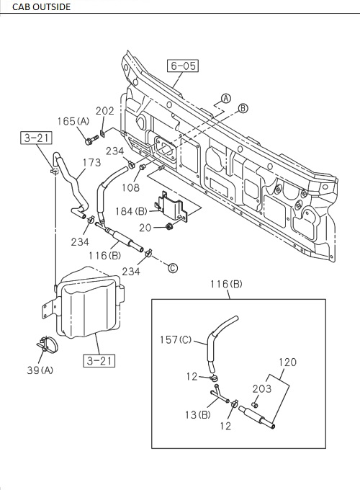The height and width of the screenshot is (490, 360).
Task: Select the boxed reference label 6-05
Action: click(183, 66)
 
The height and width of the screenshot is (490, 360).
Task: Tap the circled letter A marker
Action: click(225, 98)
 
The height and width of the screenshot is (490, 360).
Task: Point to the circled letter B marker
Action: click(243, 108)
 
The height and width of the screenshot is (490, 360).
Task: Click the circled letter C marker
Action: click(172, 268)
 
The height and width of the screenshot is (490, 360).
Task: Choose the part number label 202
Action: click(105, 112)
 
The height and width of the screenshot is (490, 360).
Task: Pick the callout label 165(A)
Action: click(73, 122)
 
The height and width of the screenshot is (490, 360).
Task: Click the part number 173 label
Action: click(91, 163)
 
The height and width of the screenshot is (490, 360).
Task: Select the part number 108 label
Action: click(130, 187)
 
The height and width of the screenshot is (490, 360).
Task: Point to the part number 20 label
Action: click(145, 227)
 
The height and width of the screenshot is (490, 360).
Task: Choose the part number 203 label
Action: click(262, 388)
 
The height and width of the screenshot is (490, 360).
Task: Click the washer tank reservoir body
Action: click(90, 306)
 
